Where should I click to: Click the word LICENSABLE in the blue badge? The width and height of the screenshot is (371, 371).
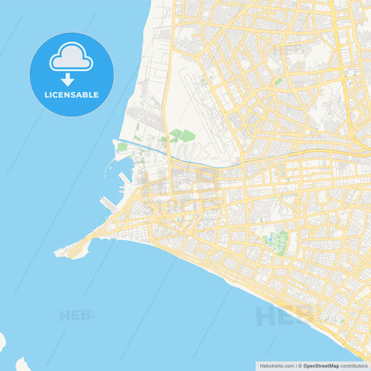[x=72, y=94]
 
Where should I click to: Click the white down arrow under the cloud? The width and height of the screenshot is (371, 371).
[x=68, y=79]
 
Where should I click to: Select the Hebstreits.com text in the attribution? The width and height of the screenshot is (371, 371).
[x=276, y=365]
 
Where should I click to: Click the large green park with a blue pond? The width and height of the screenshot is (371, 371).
[x=276, y=242]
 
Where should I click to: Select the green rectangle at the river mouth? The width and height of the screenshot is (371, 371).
[x=123, y=148]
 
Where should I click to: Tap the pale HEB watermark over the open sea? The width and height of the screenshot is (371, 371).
[x=75, y=315]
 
